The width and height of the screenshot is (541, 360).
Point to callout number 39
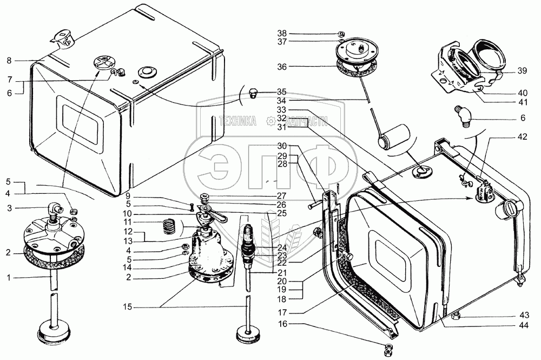tap(522, 71)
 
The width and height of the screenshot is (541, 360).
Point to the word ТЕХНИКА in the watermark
tap(237, 122)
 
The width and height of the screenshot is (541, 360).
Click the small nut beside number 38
tap(341, 32)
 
